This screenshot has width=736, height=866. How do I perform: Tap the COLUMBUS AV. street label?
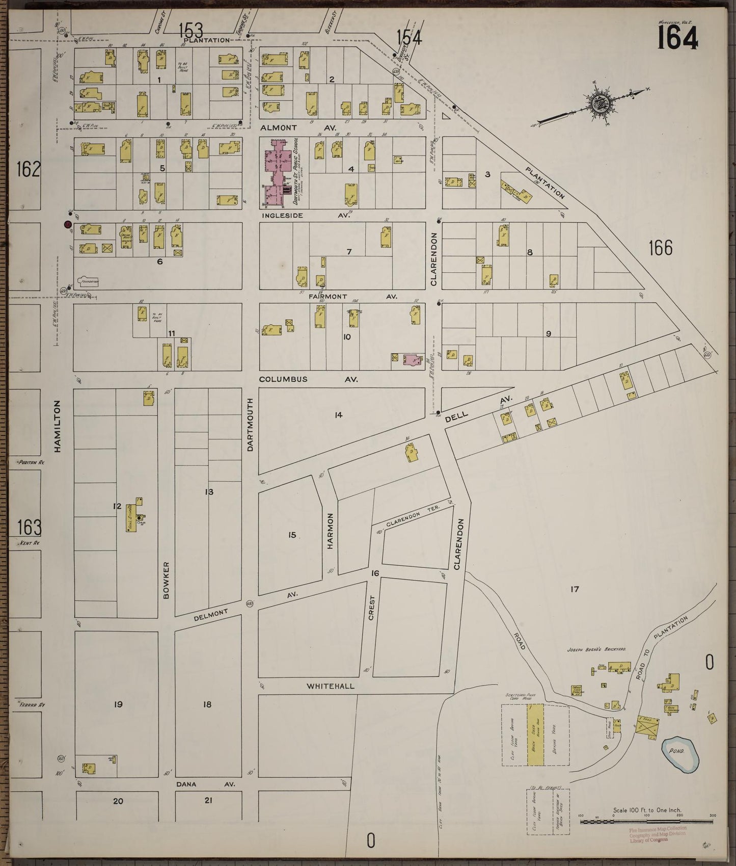pos(308,379)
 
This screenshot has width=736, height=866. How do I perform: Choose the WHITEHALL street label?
pos(330,686)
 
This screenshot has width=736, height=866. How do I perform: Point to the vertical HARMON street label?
pos(330,531)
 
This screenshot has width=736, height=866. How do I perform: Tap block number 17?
pos(575,590)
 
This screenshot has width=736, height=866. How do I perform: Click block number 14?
pos(338,415)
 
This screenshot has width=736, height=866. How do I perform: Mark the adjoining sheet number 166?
pos(661,248)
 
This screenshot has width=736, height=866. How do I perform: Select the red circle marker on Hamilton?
pos(67,224)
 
